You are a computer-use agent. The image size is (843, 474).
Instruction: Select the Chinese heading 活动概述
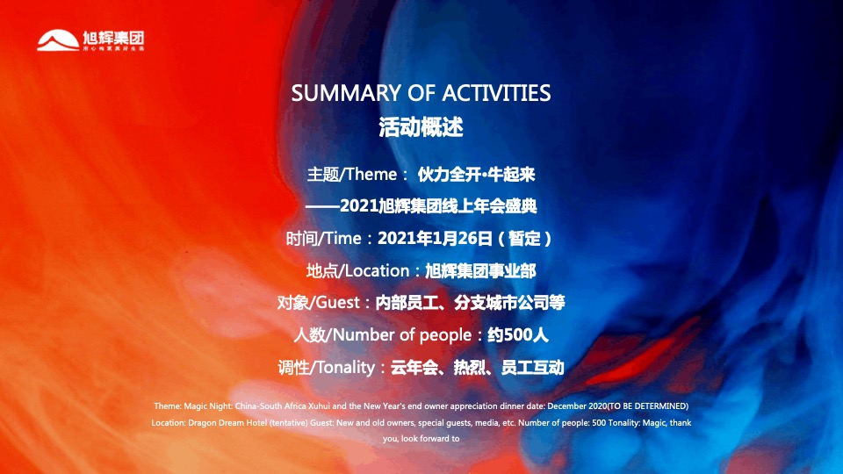pos(421,126)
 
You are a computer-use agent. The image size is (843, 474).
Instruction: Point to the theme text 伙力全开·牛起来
pos(476,174)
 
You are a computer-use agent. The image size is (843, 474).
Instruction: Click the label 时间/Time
pos(326,238)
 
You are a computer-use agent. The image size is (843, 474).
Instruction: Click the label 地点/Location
pos(357,270)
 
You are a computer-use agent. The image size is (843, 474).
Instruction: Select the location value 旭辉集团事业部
pos(479,270)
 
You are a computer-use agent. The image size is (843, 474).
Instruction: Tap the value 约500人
pos(518,335)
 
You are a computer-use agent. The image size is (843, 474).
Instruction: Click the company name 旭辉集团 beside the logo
pos(112,38)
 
